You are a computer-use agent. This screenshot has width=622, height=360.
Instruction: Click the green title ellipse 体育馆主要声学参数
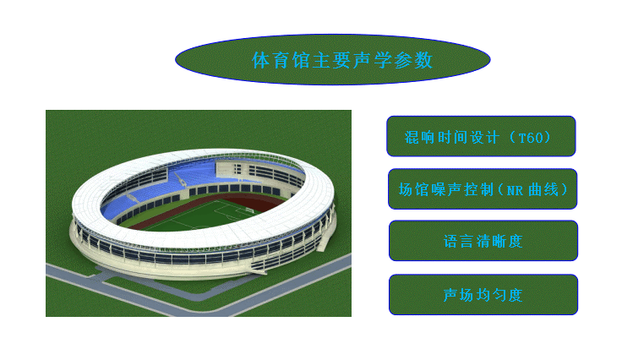click(x=332, y=59)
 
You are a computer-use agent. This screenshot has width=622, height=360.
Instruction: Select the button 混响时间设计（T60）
click(x=481, y=136)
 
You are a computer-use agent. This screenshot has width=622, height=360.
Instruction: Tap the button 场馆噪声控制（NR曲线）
click(x=483, y=188)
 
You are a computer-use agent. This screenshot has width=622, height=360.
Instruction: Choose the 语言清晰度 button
click(x=483, y=241)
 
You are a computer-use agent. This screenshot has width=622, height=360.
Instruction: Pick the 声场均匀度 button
click(x=483, y=295)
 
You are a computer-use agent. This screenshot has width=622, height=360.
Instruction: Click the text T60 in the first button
click(x=531, y=138)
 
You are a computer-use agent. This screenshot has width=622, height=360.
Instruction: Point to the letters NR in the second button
click(x=515, y=191)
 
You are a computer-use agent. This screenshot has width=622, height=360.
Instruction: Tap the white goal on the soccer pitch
click(x=249, y=210)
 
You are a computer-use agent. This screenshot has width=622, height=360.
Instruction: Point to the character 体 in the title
click(x=261, y=60)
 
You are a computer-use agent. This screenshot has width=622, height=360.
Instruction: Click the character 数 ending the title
click(x=423, y=60)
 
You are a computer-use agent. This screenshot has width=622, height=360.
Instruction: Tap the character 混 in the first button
click(x=412, y=138)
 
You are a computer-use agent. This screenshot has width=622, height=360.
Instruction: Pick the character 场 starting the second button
click(x=406, y=189)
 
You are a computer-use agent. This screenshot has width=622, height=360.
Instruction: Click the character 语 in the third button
click(x=450, y=242)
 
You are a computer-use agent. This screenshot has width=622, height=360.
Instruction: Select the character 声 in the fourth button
click(x=450, y=295)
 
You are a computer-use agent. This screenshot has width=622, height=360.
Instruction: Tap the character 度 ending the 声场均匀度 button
click(x=516, y=295)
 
